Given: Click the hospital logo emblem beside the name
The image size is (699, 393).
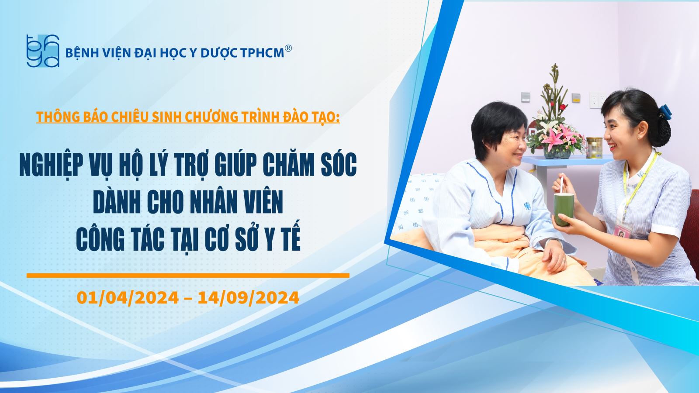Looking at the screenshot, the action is (43, 51).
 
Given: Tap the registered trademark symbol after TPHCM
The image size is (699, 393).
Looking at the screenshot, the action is (288, 48).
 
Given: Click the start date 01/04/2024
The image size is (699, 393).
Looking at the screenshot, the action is (128, 297).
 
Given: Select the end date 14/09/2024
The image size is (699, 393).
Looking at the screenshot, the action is (249, 297).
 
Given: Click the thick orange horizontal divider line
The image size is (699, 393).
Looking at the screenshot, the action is (188, 276).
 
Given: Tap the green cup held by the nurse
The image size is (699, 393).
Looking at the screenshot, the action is (564, 210).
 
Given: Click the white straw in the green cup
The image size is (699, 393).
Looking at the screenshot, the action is (561, 185).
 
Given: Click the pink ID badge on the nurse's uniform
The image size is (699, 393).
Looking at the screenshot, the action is (623, 230).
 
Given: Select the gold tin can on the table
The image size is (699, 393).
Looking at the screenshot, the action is (594, 148).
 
